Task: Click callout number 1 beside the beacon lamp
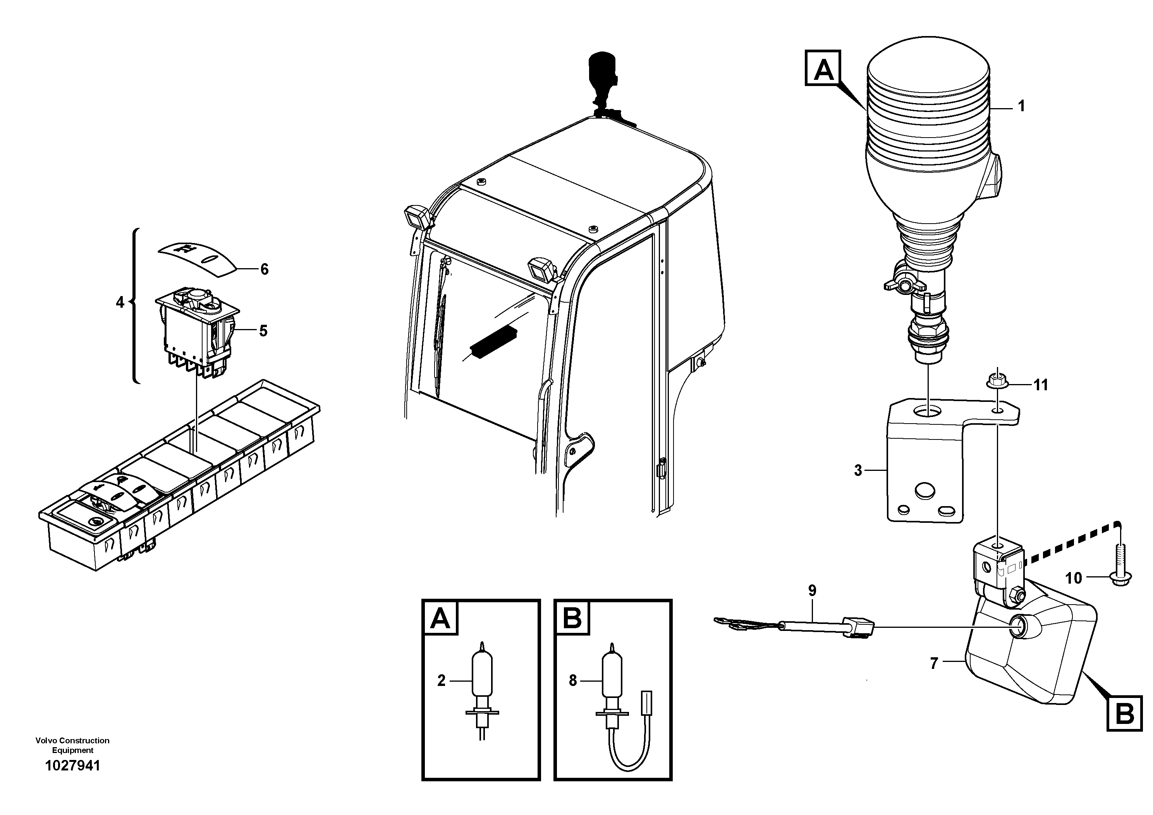click(x=1021, y=106)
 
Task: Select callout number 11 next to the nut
click(x=1041, y=385)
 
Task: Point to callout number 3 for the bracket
click(x=858, y=470)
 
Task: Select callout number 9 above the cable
click(x=812, y=590)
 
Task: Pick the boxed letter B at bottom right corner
click(x=1124, y=713)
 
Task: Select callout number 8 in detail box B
click(x=572, y=681)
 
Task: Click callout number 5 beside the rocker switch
click(x=263, y=331)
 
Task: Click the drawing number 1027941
click(x=73, y=766)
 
